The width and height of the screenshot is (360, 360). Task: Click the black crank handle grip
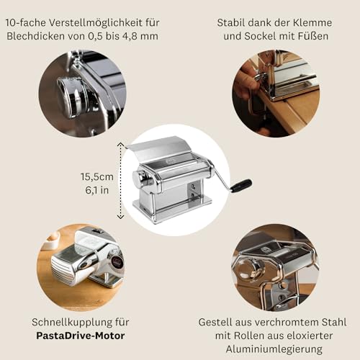pyautogui.click(x=242, y=185)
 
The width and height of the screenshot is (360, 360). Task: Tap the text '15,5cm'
pyautogui.click(x=96, y=175)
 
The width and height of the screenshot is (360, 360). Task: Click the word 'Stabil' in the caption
pyautogui.click(x=233, y=22)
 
